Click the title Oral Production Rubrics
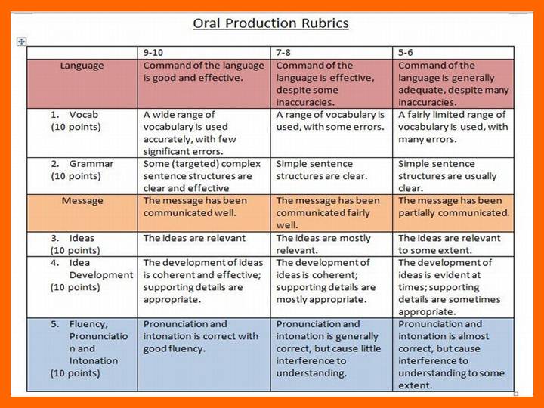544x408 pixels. point(270,23)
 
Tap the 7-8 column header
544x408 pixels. point(286,53)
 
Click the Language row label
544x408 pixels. point(82,66)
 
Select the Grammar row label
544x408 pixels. point(91,164)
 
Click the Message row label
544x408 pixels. point(82,201)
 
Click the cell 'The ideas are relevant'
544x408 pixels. point(194,238)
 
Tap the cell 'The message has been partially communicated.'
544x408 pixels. point(453,207)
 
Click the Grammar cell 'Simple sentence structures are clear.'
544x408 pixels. point(322,170)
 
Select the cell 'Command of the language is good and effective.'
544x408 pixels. point(204,71)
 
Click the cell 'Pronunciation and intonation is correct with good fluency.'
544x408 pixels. point(201,336)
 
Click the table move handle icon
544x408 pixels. point(21,42)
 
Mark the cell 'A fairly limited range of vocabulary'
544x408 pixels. point(453,127)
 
